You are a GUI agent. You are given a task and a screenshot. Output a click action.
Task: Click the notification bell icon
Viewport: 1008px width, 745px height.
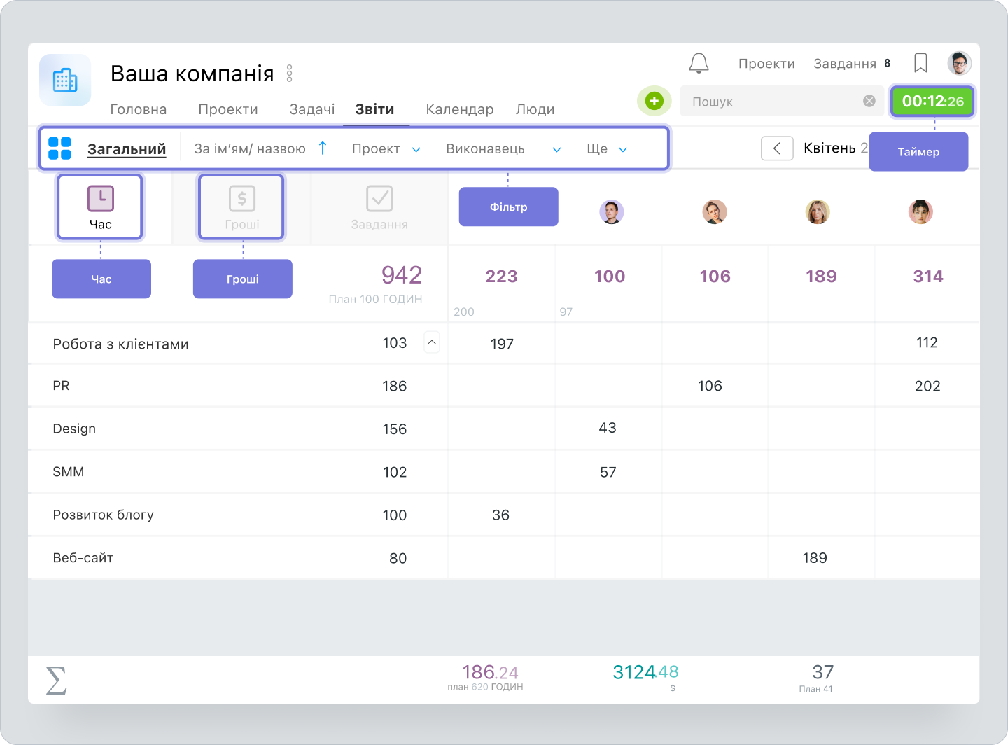tap(699, 63)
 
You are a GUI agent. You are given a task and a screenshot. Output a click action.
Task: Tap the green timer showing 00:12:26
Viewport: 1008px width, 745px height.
tap(932, 102)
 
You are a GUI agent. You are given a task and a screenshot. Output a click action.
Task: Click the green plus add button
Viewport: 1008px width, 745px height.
tap(654, 101)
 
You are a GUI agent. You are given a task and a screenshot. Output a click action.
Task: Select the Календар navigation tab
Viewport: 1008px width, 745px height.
tap(459, 109)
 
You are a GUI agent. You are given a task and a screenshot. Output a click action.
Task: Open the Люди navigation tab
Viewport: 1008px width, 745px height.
tap(535, 109)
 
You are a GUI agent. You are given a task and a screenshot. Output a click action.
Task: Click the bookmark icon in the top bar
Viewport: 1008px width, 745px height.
tap(920, 63)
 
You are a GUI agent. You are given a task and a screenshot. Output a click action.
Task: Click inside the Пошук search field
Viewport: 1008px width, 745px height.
tap(770, 102)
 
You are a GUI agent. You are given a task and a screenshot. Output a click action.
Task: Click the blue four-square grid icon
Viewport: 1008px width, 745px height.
tap(59, 148)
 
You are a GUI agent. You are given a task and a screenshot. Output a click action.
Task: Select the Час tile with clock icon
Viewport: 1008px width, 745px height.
tap(100, 207)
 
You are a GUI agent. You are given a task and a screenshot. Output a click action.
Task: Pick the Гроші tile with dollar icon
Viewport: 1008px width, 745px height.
tap(241, 207)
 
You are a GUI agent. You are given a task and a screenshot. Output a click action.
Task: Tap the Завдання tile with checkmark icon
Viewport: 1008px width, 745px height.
tap(379, 207)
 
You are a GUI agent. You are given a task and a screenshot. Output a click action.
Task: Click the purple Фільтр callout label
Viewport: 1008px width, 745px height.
tap(508, 207)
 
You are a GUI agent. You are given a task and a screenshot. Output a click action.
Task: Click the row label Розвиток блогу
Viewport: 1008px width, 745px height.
tap(103, 515)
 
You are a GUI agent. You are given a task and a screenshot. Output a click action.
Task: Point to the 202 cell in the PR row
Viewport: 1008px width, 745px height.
tap(927, 386)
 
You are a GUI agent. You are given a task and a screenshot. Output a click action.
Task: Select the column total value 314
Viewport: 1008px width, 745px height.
tap(927, 277)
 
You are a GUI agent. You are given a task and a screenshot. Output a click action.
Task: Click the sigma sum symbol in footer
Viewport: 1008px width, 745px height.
tap(56, 680)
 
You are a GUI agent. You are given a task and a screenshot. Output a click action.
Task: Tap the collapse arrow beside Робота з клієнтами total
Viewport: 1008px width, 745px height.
tap(432, 342)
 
